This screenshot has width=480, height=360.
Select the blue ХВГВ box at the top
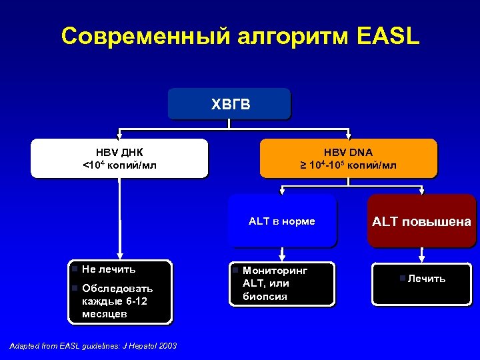[x=229, y=104]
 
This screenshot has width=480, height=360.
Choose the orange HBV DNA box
[x=348, y=158]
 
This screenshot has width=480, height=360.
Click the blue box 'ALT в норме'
[x=282, y=221]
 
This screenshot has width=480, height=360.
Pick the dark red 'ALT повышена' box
[x=421, y=221]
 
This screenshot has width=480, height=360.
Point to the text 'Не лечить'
[x=109, y=269]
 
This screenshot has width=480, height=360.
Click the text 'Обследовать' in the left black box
[x=117, y=288]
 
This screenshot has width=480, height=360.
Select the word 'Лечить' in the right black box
[x=427, y=278]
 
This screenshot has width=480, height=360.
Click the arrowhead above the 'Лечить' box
[x=421, y=257]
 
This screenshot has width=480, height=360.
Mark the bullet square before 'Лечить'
[x=402, y=277]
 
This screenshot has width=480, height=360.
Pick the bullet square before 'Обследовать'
[x=75, y=288]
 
